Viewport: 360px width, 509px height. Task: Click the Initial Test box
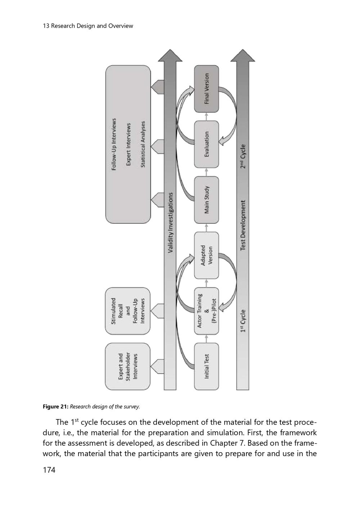click(206, 366)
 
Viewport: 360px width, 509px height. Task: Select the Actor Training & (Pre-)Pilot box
click(206, 311)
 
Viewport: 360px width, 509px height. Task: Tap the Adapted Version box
click(206, 255)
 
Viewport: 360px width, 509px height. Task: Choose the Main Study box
click(206, 200)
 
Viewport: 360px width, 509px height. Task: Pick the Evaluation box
click(206, 144)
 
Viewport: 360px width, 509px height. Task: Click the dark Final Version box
click(206, 89)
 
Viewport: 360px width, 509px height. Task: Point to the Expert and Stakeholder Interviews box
click(128, 366)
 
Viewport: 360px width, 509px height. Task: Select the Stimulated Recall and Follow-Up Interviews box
click(128, 311)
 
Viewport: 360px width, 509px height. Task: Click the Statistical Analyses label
click(143, 144)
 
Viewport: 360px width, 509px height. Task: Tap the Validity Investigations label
click(170, 222)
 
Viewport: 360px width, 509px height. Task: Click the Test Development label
click(243, 225)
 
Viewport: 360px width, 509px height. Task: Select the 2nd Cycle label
click(243, 156)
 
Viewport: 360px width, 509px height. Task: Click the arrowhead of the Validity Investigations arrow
click(170, 56)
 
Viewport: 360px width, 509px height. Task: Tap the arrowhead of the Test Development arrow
click(243, 56)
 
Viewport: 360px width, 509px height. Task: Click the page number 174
click(49, 470)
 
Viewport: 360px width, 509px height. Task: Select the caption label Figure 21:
click(55, 407)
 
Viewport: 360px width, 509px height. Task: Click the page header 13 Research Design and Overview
click(88, 26)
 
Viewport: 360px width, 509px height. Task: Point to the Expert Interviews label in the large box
click(128, 144)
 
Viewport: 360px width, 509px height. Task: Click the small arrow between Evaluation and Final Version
click(206, 116)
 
